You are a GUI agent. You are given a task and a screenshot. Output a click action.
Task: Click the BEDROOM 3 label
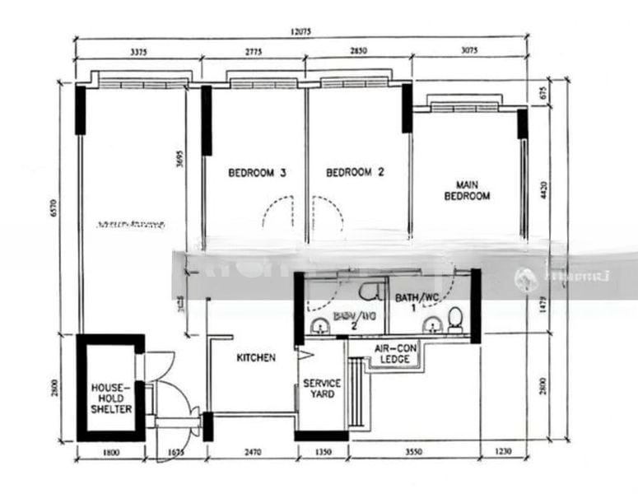(257, 174)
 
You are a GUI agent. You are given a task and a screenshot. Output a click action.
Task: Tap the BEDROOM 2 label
(356, 173)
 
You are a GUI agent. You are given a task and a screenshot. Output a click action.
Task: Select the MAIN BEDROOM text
(467, 190)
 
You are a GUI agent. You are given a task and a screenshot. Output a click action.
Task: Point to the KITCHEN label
(256, 358)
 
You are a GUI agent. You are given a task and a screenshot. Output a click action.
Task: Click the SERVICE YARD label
(322, 389)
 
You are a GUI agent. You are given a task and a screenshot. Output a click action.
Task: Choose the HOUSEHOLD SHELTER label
(111, 398)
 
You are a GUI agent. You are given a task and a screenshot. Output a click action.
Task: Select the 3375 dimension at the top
(138, 53)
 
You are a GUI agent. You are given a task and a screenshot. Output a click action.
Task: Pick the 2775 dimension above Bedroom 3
(254, 53)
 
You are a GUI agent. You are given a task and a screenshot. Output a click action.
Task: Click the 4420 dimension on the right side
(543, 193)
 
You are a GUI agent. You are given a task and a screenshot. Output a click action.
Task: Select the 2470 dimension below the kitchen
(252, 451)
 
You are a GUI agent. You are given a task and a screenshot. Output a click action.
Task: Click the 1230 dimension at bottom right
(504, 451)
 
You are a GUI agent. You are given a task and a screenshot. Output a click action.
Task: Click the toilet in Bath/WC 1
(455, 317)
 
